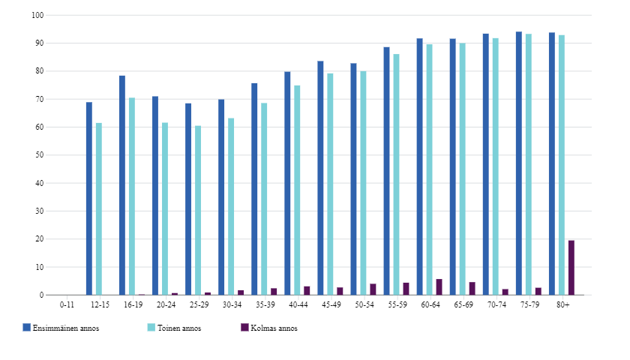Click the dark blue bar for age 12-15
[x=89, y=199]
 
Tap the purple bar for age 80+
[x=571, y=268]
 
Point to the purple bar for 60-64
[x=439, y=287]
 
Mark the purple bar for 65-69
[x=472, y=289]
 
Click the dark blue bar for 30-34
[x=221, y=197]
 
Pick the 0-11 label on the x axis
[x=67, y=304]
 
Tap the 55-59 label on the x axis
[x=397, y=304]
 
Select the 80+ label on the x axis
[x=562, y=304]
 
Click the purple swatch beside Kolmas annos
[x=244, y=328]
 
